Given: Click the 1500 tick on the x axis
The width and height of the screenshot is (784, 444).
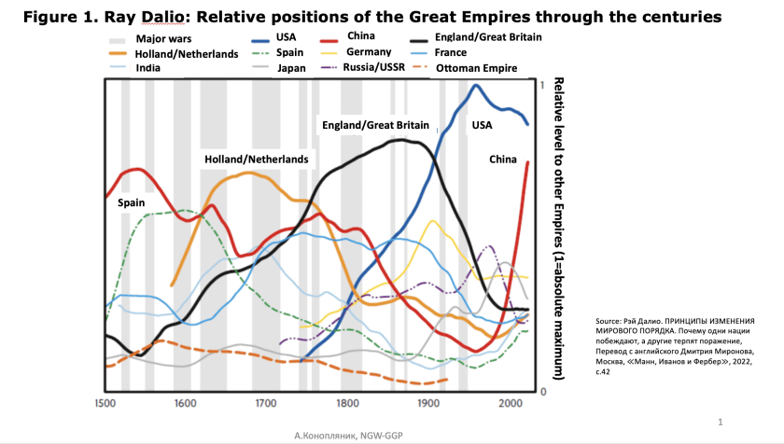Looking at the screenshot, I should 105,403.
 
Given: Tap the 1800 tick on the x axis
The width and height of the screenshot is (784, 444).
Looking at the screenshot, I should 348,403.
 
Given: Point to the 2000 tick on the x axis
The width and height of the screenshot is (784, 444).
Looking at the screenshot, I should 510,403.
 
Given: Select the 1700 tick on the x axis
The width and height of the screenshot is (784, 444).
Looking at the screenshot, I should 267,403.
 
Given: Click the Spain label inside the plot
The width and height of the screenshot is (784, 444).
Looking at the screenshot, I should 132,201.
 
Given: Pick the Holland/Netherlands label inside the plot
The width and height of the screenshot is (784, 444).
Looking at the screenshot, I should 256,160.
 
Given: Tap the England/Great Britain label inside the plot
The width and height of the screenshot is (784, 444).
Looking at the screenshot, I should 375,124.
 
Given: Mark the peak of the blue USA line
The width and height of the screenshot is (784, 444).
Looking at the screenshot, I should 477,86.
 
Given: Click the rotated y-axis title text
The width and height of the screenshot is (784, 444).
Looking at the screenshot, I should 557,229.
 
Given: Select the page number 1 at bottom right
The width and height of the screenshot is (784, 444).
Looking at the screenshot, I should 721,421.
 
